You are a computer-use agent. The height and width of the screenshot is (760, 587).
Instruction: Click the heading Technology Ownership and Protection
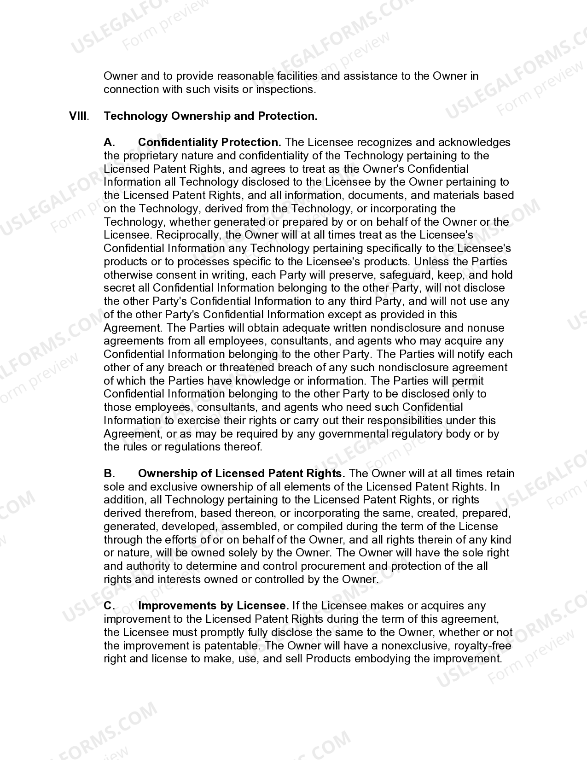(210, 116)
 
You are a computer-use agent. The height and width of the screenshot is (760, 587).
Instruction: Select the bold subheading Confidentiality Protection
(209, 142)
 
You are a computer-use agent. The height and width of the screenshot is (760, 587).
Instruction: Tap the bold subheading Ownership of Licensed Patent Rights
(241, 474)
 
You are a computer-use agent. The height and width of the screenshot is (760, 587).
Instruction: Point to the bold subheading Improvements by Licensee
(213, 606)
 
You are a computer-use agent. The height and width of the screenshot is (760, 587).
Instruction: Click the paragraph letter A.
(109, 142)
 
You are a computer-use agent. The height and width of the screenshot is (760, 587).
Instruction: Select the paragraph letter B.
(109, 474)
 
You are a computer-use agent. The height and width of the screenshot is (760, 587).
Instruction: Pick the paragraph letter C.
(109, 606)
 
